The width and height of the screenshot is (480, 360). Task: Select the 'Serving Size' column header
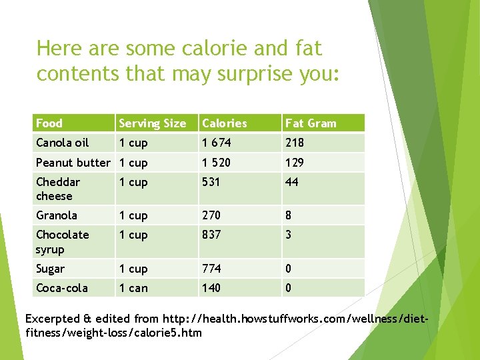coord(152,123)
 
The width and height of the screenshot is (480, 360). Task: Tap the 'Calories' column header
coord(224,123)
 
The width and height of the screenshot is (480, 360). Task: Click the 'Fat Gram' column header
coord(311,123)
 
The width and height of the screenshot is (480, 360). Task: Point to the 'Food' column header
coord(49,123)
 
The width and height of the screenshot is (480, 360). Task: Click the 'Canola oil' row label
coord(62,143)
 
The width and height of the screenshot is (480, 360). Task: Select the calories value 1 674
coord(217,143)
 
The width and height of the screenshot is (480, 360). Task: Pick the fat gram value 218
coord(294,143)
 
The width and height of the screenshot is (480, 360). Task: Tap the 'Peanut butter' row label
coord(73,163)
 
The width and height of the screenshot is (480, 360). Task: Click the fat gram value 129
coord(294,163)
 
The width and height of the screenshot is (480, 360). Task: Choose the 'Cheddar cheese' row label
coord(57,189)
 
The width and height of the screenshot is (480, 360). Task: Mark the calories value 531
coord(211,182)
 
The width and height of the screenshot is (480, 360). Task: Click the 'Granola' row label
coord(56,215)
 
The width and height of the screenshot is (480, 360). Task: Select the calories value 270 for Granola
coord(211,215)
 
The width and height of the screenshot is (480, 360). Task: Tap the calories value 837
coord(211,235)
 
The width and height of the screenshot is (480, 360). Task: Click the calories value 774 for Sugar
coord(211,269)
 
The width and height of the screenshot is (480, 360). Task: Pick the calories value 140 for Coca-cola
coord(211,288)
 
